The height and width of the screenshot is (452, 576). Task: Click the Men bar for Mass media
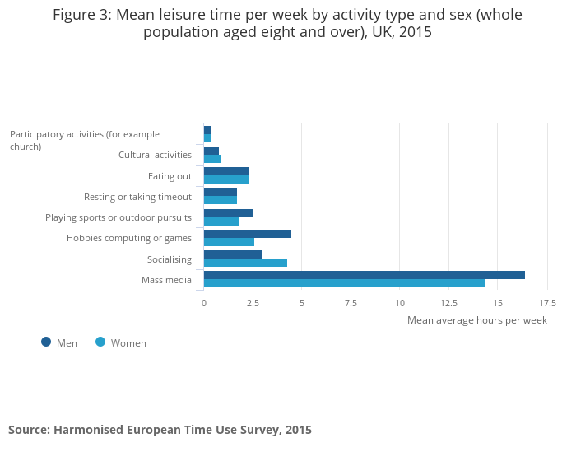point(364,275)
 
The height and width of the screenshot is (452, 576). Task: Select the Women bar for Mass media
point(344,283)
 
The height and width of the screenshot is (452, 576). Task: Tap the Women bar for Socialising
point(245,263)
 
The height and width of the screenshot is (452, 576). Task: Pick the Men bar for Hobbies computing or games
point(247,234)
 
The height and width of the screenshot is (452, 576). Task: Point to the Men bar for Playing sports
point(228,213)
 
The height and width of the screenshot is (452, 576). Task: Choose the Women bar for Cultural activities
point(212,159)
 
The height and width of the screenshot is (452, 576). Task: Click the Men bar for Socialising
point(232,254)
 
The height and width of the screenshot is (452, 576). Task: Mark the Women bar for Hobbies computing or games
point(229,242)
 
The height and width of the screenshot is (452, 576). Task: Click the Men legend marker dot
point(46,342)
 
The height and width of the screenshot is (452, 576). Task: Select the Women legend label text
point(128,342)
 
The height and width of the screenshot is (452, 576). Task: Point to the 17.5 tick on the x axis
point(546,303)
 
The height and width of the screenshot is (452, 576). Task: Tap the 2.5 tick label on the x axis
point(253,303)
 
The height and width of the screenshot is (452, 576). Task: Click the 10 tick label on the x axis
point(399,303)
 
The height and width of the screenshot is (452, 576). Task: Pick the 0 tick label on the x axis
point(204,303)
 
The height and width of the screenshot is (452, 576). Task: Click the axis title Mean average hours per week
point(476,320)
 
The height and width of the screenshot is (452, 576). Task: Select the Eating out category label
point(170,176)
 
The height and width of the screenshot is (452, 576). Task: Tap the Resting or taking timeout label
point(137,197)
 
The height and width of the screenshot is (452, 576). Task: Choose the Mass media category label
point(166,280)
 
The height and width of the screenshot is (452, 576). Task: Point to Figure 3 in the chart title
point(82,15)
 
